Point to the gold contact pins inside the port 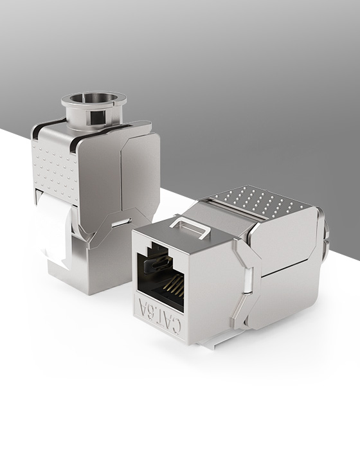point(168,287)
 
